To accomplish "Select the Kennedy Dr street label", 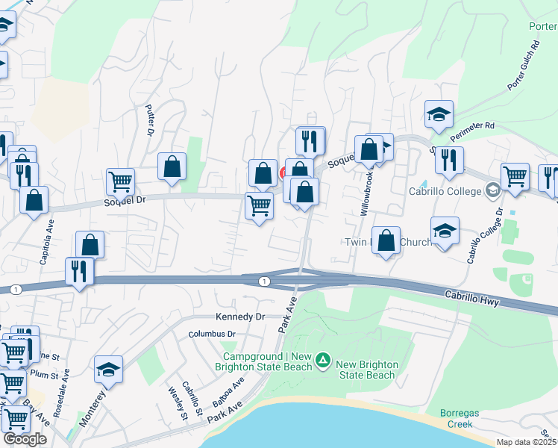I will tap(240, 317).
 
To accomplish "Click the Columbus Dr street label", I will tap(212, 334).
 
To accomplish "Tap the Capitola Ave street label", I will tap(49, 240).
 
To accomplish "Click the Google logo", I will tap(25, 439).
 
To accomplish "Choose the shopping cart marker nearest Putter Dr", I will tap(120, 181).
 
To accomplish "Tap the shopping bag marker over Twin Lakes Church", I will tap(386, 240).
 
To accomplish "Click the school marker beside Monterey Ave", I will tap(109, 370).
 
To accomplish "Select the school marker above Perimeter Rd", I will tap(439, 114).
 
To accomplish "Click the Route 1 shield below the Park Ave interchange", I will tap(264, 281).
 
